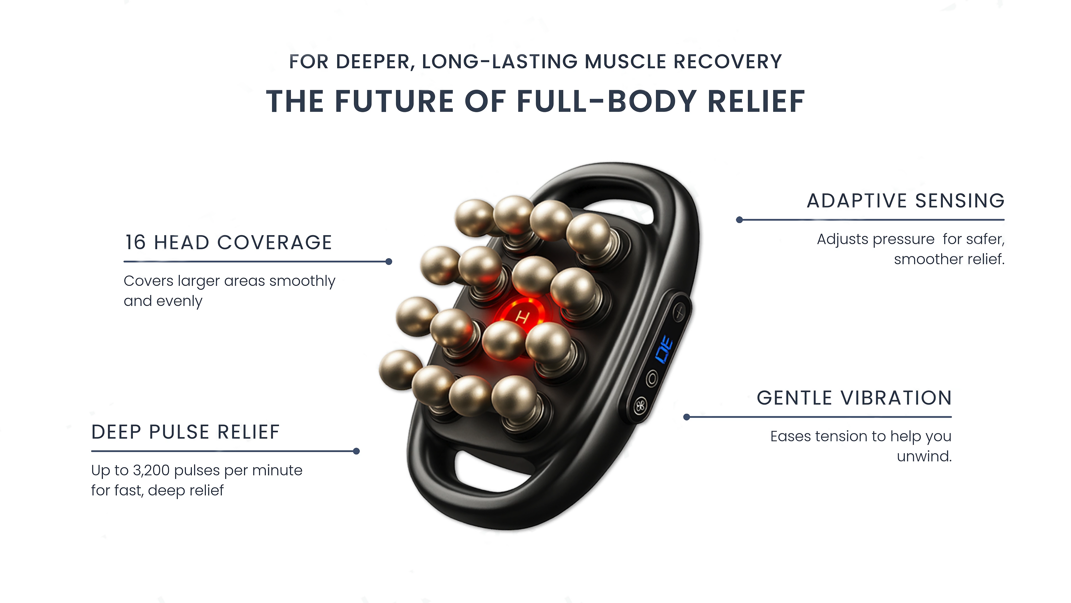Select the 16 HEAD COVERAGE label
(x=229, y=242)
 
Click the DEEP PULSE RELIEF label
(x=185, y=432)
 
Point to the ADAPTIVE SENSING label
(x=906, y=201)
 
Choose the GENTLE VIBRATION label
(x=854, y=398)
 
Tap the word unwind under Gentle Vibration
(x=924, y=456)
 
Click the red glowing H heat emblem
(x=522, y=317)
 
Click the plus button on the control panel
(x=679, y=311)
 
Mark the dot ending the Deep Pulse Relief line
(x=356, y=451)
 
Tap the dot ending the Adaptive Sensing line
(x=739, y=220)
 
